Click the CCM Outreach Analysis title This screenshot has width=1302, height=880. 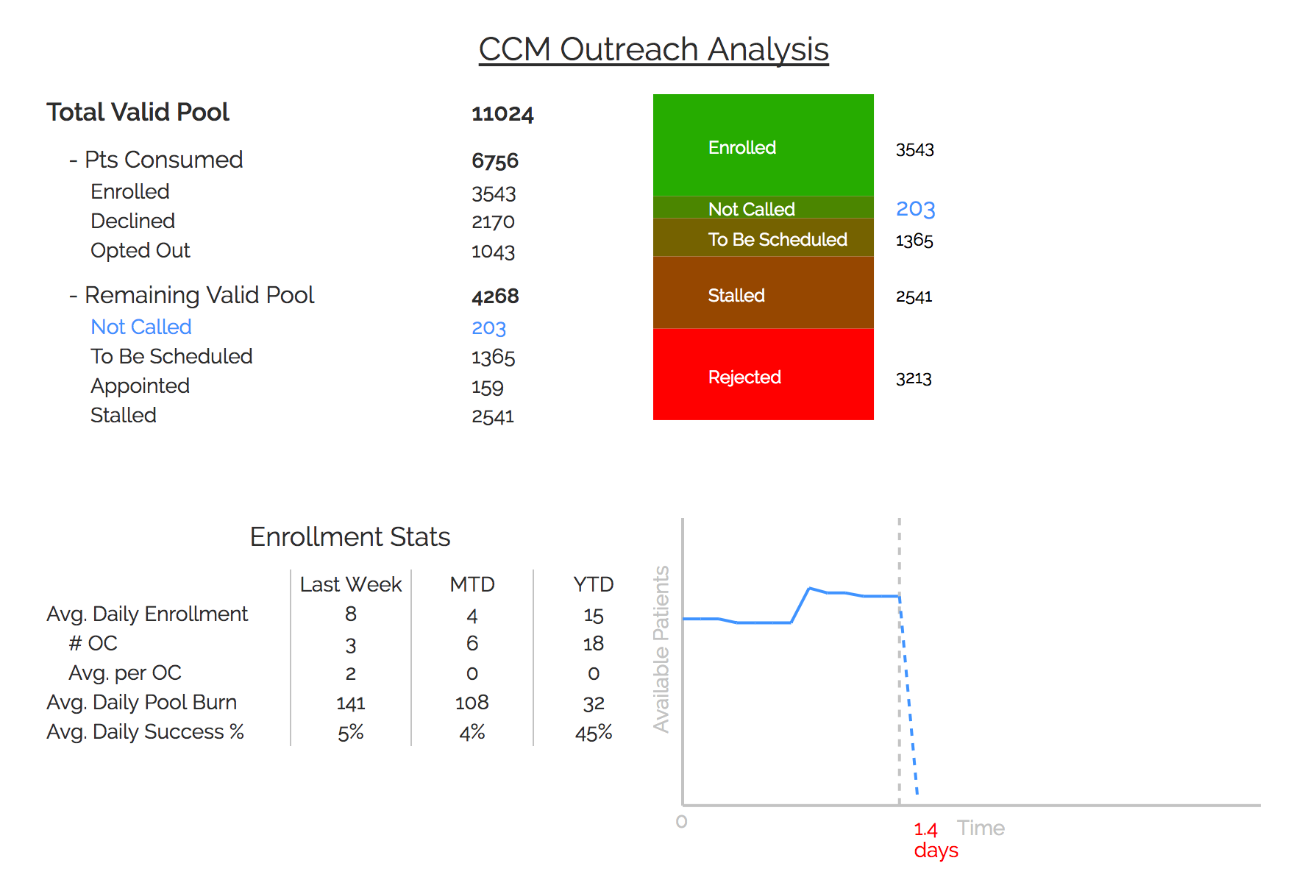[x=653, y=50]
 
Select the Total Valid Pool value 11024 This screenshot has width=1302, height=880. [x=502, y=114]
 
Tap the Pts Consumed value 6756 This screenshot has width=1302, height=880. [x=495, y=161]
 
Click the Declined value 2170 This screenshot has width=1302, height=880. [x=493, y=222]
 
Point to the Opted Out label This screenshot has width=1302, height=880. [x=140, y=251]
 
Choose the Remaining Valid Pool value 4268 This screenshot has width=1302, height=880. [x=495, y=297]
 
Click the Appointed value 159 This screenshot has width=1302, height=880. [x=487, y=387]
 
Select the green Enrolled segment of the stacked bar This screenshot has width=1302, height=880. [x=763, y=145]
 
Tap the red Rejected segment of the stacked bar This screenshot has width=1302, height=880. [x=763, y=375]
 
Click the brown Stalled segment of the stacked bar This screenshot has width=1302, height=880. [x=763, y=293]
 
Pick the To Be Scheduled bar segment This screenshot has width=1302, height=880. [x=763, y=238]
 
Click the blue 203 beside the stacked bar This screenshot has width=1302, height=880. [x=915, y=209]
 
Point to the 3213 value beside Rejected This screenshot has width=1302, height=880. [x=914, y=379]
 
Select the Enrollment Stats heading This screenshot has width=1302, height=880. [x=350, y=537]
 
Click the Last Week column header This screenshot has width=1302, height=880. [x=351, y=584]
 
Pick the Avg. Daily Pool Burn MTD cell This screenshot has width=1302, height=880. [x=472, y=703]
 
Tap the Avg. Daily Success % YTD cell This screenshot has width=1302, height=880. [x=594, y=733]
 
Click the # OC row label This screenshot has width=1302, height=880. [x=93, y=644]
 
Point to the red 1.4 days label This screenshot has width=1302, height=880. [x=934, y=840]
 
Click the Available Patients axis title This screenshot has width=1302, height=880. [x=661, y=649]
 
